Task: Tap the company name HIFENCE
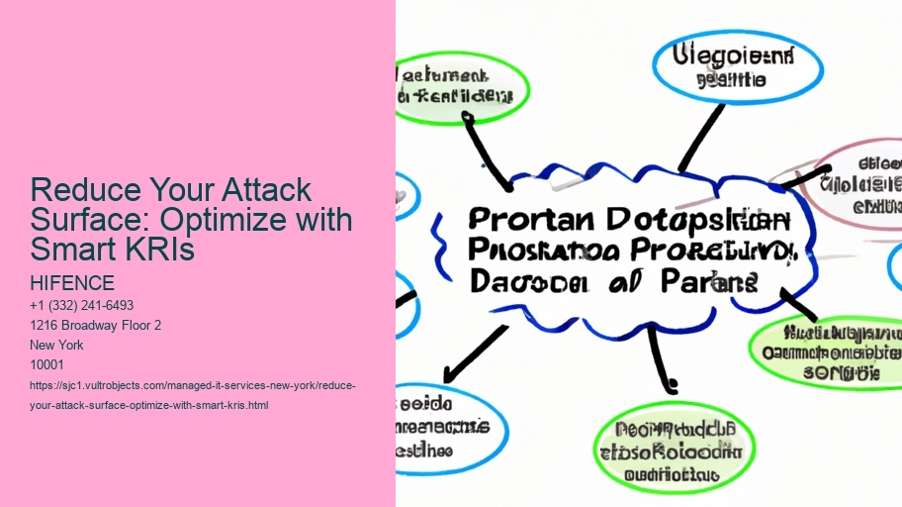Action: [x=73, y=284]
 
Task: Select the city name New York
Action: [x=58, y=346]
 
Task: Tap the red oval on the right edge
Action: [x=861, y=178]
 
